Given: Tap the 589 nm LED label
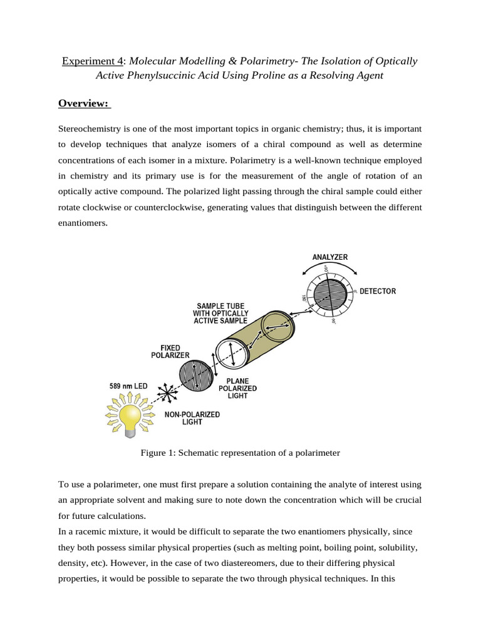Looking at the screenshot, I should click(x=130, y=386).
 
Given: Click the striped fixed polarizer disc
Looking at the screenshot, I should click(x=196, y=376).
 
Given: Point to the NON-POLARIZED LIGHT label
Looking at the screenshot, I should click(x=192, y=418).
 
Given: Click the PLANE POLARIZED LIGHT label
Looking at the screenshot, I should click(x=237, y=388).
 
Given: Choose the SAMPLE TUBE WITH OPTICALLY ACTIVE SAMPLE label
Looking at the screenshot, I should click(x=221, y=314).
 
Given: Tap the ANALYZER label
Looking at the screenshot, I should click(x=330, y=257).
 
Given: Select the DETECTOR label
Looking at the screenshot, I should click(x=377, y=292).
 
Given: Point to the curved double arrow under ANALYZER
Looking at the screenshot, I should click(x=330, y=268).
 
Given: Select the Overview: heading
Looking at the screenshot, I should click(x=84, y=103).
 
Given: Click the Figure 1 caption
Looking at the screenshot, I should click(x=240, y=453).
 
